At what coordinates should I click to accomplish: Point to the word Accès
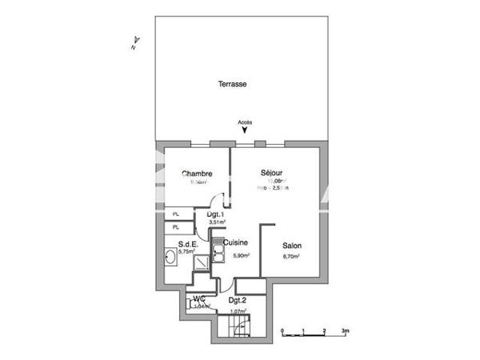coord(244,122)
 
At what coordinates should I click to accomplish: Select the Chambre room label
coord(196,174)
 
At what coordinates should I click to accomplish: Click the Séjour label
coord(272,173)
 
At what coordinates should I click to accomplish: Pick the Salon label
coord(291,246)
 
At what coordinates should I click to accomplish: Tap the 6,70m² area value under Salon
coord(291,257)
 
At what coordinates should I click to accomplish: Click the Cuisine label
coord(235,242)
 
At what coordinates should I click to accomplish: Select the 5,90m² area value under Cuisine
coord(241,256)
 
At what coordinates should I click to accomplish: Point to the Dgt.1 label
coord(214,214)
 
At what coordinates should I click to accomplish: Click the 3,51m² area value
coord(216,223)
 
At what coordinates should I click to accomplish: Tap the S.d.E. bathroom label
coord(188,244)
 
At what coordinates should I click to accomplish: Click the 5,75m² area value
coord(187,252)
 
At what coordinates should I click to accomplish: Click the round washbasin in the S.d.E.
coord(170,258)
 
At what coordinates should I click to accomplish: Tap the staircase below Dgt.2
coord(236,326)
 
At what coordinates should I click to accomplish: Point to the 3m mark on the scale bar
coord(344,330)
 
